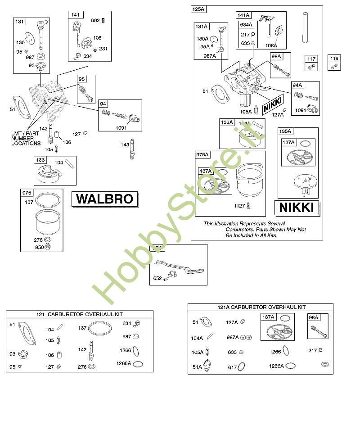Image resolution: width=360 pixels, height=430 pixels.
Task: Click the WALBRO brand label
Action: pyautogui.click(x=104, y=199)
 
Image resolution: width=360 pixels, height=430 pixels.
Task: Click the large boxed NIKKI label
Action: pyautogui.click(x=297, y=208)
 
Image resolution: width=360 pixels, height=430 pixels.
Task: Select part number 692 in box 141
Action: pyautogui.click(x=95, y=20)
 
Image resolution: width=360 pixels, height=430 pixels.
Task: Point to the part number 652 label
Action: pyautogui.click(x=157, y=278)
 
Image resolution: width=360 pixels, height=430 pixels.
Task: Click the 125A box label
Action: pyautogui.click(x=198, y=9)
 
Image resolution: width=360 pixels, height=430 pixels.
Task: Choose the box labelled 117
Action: pyautogui.click(x=311, y=59)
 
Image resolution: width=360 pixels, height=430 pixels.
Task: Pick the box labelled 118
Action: pyautogui.click(x=334, y=59)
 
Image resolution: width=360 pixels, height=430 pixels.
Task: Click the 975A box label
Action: pyautogui.click(x=202, y=154)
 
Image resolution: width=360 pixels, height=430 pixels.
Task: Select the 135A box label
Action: pyautogui.click(x=285, y=131)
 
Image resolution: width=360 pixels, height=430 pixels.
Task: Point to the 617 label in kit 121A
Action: pyautogui.click(x=232, y=367)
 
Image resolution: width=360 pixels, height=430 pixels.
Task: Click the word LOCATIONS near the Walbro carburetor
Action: pyautogui.click(x=26, y=143)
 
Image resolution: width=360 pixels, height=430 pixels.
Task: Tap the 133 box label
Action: pyautogui.click(x=40, y=160)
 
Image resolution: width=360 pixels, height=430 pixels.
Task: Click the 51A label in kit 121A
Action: pyautogui.click(x=198, y=367)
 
